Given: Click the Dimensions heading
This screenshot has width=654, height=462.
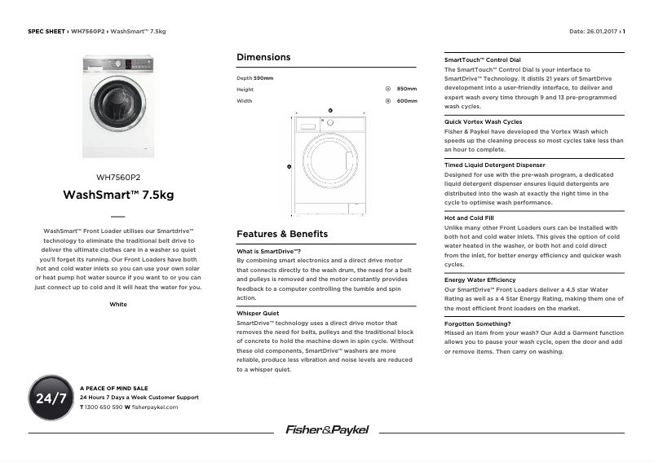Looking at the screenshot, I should pos(263,58).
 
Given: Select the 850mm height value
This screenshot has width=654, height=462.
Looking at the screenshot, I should pos(406,89).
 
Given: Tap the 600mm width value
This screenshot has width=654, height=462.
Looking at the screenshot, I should pos(406,101).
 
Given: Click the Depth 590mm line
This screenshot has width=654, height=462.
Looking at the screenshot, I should pos(254,77).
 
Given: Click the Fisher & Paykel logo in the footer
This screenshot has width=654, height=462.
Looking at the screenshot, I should pos(327,429).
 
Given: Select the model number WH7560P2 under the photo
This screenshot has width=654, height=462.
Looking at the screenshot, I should pos(118,177).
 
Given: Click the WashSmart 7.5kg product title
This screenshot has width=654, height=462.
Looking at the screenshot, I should pos(118,196).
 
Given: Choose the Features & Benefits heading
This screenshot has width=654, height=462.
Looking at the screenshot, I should pos(281,234).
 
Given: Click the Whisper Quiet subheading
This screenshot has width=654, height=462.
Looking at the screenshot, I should pos(258,313).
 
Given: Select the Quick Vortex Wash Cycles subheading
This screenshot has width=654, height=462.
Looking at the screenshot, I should pos(483,121).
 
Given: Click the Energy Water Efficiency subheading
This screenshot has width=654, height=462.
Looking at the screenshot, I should pos(479,279).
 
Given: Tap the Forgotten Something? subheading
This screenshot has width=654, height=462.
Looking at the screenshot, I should pos(478,323).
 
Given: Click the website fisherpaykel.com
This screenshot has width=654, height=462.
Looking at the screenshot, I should pos(154,406).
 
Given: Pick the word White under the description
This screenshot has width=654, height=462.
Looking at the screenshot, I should pos(118,304).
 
